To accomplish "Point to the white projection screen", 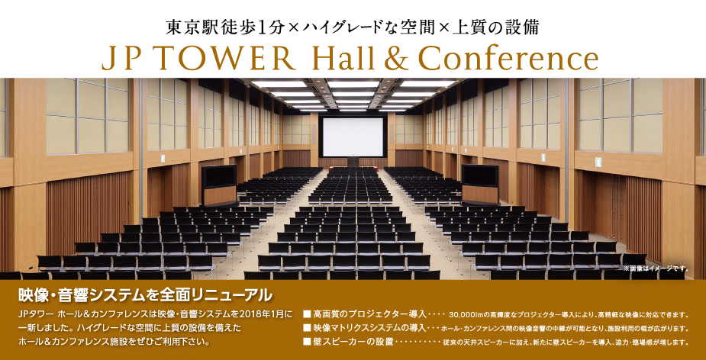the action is coord(353,137).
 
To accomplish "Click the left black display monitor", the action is coord(219,176).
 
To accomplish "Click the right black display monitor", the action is coord(480,176).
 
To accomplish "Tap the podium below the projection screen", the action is coord(353,162).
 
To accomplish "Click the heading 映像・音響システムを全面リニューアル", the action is coord(146,294).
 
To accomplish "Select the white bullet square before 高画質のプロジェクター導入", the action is coord(307,313).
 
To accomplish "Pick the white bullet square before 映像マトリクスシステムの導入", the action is coord(307,327).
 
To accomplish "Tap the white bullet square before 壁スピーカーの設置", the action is coord(307,342).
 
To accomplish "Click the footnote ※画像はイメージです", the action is coord(656,269).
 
